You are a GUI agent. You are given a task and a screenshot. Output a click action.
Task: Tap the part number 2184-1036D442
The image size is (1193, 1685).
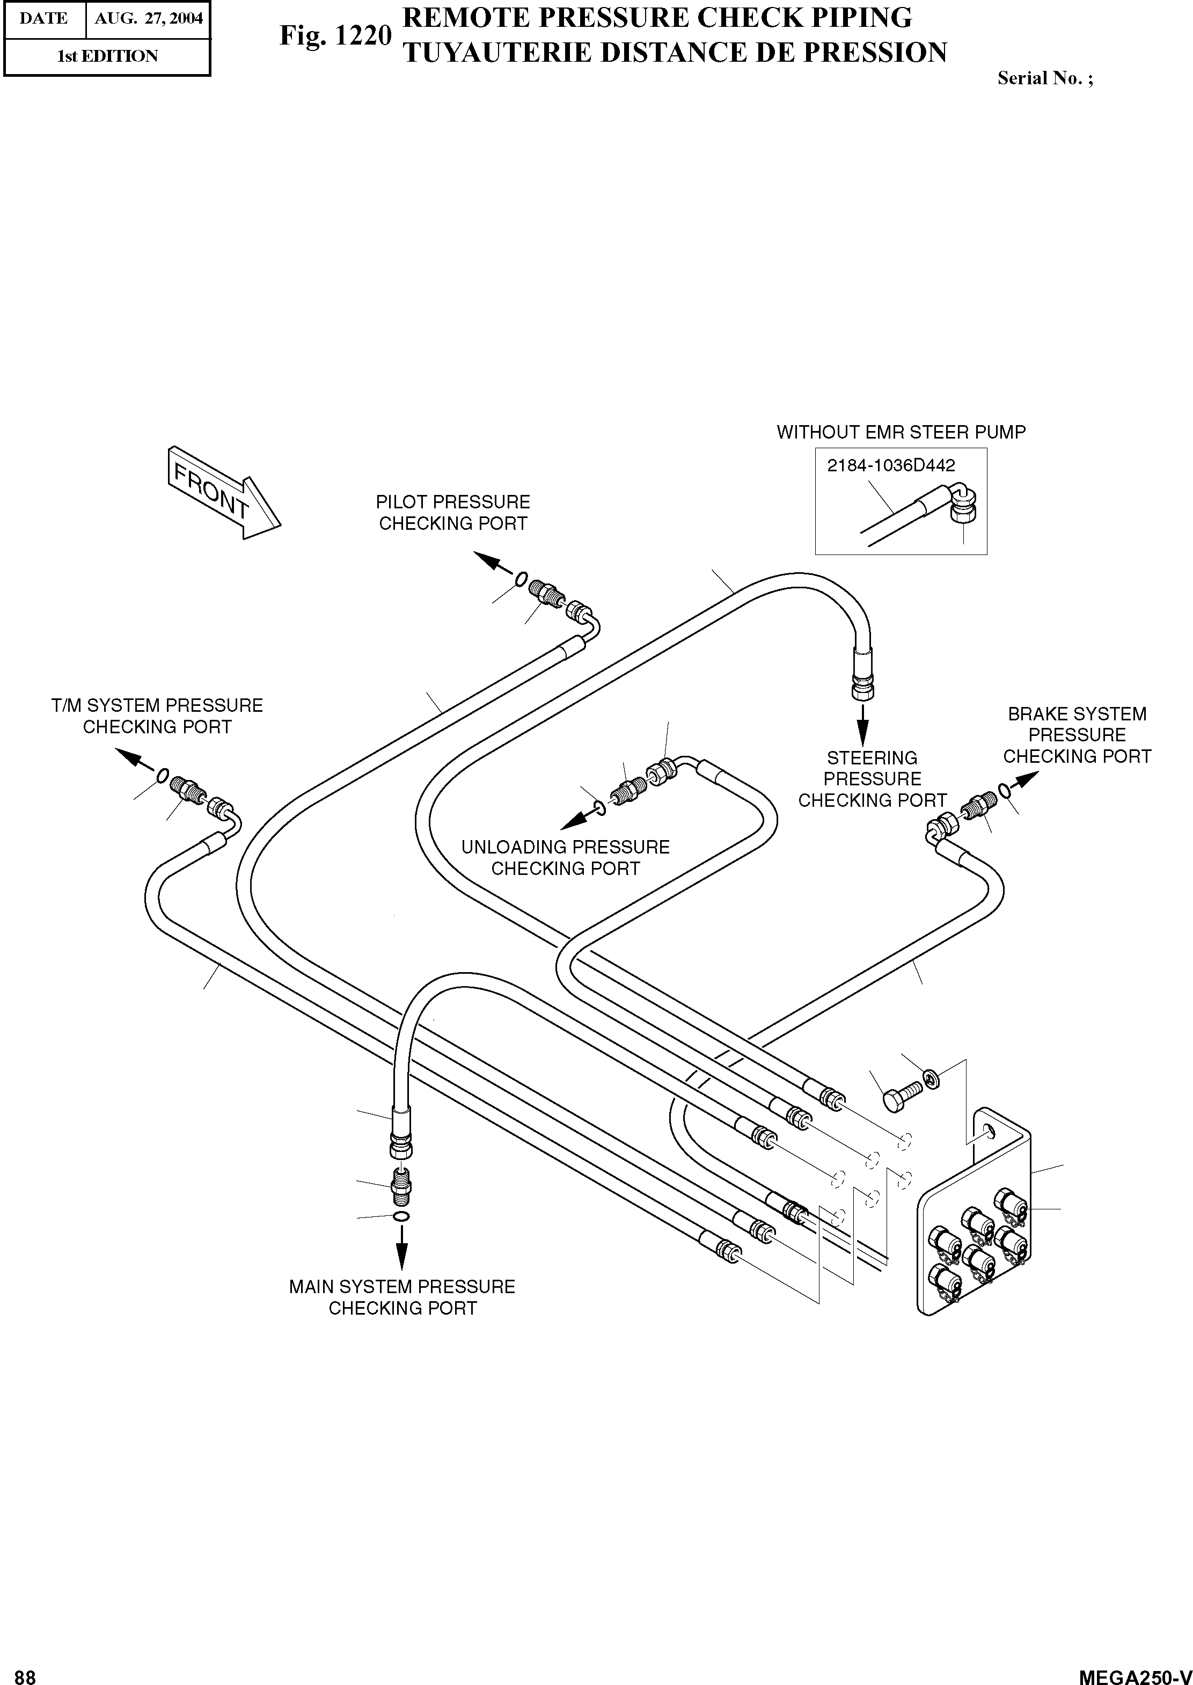tap(891, 465)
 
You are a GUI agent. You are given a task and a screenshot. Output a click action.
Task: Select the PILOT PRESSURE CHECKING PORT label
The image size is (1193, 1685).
tap(452, 513)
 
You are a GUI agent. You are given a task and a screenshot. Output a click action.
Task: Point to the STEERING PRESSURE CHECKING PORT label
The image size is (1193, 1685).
tap(872, 779)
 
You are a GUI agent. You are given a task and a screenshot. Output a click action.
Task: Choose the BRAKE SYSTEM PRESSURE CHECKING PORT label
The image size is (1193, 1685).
tap(1077, 735)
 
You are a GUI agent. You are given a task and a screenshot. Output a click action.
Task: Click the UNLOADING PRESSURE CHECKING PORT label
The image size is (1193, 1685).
tap(565, 858)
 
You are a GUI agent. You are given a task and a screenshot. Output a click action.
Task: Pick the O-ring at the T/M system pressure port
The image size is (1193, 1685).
tap(163, 776)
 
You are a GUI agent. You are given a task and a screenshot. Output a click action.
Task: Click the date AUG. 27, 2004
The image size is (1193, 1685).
tap(149, 18)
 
